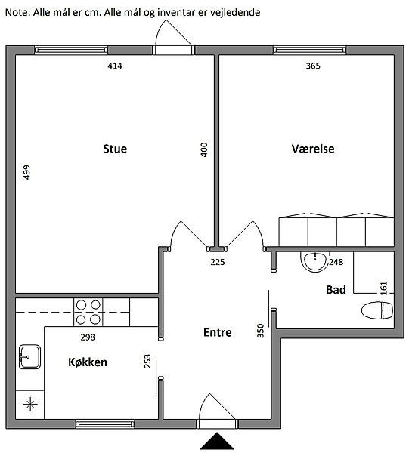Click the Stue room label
tap(115, 149)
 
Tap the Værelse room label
tap(313, 149)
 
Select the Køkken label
tap(88, 362)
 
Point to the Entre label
tap(218, 332)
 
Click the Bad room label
tap(336, 290)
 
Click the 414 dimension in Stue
tap(115, 66)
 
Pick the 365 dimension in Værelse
tap(313, 66)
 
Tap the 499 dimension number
tap(26, 172)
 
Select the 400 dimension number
tap(204, 149)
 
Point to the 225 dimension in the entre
tap(218, 262)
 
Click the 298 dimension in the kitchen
tap(88, 337)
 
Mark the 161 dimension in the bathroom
tap(383, 288)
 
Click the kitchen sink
tap(29, 357)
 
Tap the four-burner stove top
tap(88, 313)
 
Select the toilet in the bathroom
tap(377, 310)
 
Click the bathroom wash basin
tap(314, 261)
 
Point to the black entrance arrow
tap(217, 441)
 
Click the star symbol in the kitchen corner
tap(30, 404)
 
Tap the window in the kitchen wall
tap(105, 424)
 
